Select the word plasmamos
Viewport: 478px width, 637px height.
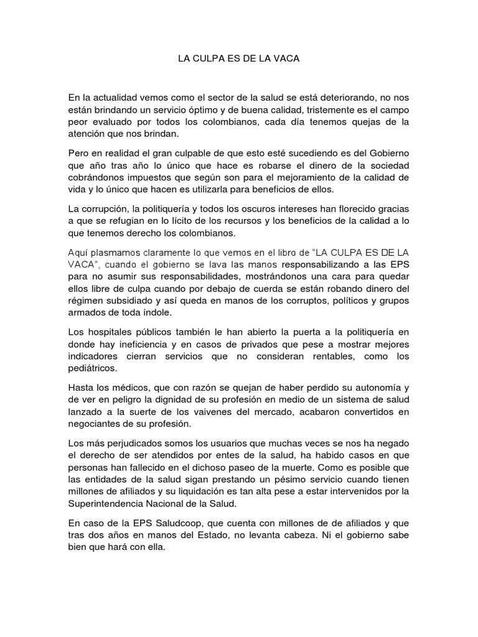121,253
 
